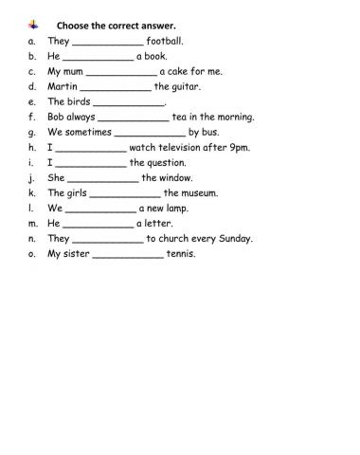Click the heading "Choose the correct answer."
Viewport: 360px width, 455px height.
click(102, 25)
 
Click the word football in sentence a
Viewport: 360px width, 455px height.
click(164, 41)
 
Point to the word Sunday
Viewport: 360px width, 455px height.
click(232, 238)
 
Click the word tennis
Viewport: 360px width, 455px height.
click(181, 253)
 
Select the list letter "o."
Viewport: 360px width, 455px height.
click(33, 253)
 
